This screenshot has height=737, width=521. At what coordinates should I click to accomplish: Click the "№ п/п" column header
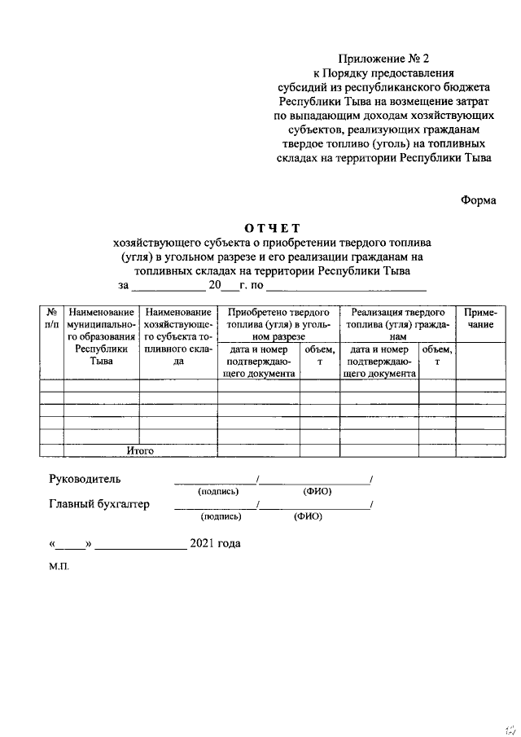51,318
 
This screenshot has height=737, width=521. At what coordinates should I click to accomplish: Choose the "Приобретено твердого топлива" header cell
278,323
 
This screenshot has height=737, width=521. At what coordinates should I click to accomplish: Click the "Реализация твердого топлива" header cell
396,323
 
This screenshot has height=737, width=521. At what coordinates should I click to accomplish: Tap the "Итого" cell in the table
140,450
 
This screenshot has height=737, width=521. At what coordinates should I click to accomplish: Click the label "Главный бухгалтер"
99,504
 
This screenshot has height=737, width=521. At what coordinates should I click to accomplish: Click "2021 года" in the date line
215,543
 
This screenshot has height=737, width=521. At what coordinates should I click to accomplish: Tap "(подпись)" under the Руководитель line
218,492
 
